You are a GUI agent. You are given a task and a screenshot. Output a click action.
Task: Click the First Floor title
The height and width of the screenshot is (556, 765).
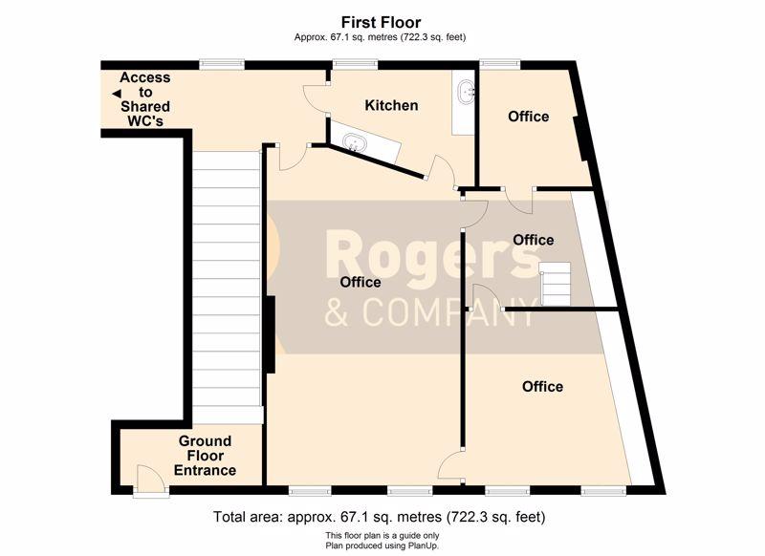(x=381, y=22)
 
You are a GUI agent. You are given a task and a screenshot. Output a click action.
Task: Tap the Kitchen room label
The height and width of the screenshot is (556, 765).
(x=391, y=105)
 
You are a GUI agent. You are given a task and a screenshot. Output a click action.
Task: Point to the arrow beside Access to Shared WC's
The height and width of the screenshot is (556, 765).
(x=116, y=94)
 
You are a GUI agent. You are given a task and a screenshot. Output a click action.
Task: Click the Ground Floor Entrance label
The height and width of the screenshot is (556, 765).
(x=205, y=456)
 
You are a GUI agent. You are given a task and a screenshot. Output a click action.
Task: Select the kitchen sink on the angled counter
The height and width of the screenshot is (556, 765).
(x=355, y=142)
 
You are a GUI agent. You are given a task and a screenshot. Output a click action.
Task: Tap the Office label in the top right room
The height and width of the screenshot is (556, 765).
(x=529, y=117)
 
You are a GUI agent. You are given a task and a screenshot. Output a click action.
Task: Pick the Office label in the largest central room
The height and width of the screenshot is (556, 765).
(x=361, y=282)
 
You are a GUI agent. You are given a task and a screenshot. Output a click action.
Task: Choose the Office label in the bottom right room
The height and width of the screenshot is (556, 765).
(x=542, y=386)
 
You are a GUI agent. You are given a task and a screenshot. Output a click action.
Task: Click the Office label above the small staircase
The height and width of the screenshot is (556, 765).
(x=534, y=240)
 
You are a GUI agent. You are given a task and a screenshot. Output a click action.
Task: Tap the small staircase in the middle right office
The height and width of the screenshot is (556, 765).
(x=555, y=284)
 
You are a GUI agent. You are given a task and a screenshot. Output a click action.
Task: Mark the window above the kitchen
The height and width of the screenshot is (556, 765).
(x=355, y=63)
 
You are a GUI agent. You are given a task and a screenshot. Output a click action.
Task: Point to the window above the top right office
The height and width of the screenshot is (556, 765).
(x=499, y=63)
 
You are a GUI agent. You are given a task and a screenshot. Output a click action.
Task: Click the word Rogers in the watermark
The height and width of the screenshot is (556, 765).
(x=432, y=254)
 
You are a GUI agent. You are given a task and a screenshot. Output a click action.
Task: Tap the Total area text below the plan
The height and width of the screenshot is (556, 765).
(x=379, y=517)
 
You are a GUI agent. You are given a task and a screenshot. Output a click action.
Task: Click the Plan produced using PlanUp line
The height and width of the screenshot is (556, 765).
(x=382, y=545)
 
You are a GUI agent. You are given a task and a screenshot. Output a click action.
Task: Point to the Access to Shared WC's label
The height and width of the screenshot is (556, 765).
(x=145, y=99)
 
